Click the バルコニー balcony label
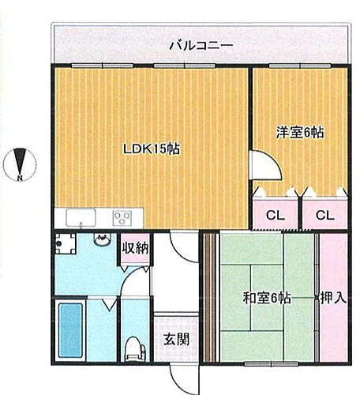coord(201,45)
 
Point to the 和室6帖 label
coord(265,298)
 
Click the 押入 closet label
coord(331,298)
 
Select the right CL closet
coord(321,213)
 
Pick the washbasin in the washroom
coord(100,242)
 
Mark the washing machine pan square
coord(67,247)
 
